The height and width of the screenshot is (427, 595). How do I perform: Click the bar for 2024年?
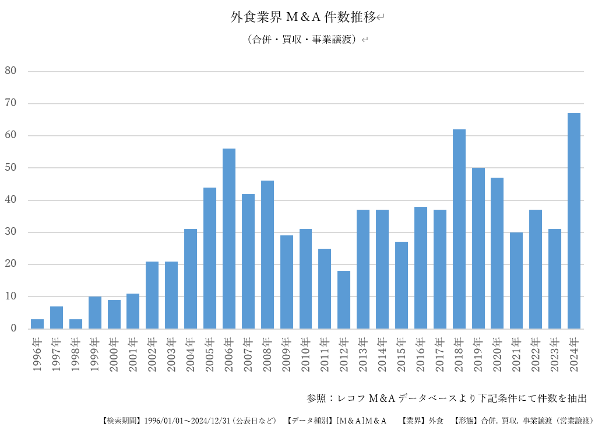(x=574, y=221)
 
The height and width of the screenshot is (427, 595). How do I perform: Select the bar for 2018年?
(x=459, y=229)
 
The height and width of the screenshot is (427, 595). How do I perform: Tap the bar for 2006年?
(x=229, y=239)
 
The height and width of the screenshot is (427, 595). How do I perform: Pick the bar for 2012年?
(x=344, y=299)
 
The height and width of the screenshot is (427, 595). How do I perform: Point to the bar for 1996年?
(x=37, y=324)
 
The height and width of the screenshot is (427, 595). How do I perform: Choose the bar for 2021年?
(x=516, y=280)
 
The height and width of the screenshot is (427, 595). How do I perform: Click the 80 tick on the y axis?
(x=10, y=71)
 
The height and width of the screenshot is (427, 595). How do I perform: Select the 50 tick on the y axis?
(x=10, y=168)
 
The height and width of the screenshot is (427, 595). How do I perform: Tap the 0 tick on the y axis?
(x=13, y=329)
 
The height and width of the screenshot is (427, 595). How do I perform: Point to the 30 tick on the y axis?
(x=10, y=232)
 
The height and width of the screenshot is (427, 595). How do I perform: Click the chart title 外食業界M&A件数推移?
(x=303, y=17)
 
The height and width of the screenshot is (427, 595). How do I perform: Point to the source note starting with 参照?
(x=446, y=398)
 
